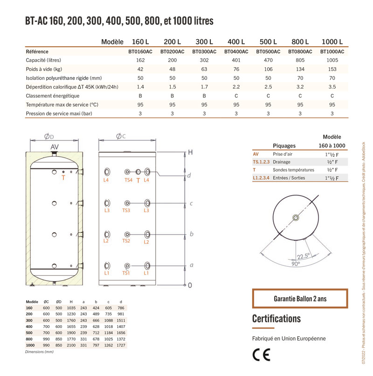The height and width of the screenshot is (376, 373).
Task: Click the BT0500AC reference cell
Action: (268, 52)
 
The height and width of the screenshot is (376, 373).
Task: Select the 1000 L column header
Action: (332, 42)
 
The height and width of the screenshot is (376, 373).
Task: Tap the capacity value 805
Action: (300, 60)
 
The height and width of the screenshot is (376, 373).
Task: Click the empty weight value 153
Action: (332, 69)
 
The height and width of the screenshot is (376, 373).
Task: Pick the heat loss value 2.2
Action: (236, 87)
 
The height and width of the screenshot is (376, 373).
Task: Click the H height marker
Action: (190, 153)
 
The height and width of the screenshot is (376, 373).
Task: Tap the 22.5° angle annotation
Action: (303, 256)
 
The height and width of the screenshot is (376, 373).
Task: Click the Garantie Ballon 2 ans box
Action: (300, 299)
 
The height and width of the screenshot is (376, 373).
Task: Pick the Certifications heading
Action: (276, 319)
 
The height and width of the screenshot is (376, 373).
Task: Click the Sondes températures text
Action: (293, 170)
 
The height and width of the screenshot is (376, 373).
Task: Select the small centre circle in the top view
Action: (296, 218)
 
